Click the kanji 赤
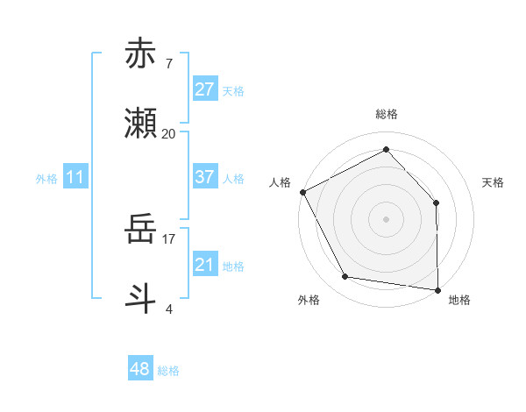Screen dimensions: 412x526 pyautogui.click(x=140, y=54)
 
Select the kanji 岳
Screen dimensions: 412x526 pyautogui.click(x=140, y=230)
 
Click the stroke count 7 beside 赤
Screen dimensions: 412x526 pyautogui.click(x=168, y=64)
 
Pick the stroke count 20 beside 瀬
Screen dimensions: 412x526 pyautogui.click(x=168, y=134)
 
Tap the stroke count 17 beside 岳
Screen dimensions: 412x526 pyautogui.click(x=168, y=238)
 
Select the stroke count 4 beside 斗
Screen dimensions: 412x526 pyautogui.click(x=168, y=308)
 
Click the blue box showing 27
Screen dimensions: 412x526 pyautogui.click(x=204, y=89)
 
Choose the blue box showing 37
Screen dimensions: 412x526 pyautogui.click(x=204, y=177)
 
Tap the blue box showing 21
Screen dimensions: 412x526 pyautogui.click(x=204, y=265)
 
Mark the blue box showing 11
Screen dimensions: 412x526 pyautogui.click(x=75, y=177)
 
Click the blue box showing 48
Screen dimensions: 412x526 pyautogui.click(x=139, y=369)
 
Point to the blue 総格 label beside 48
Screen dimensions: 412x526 pyautogui.click(x=168, y=371)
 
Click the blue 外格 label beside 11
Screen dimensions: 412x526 pyautogui.click(x=46, y=179)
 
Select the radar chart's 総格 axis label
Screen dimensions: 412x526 pyautogui.click(x=386, y=114)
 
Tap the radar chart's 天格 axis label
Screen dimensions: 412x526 pyautogui.click(x=494, y=182)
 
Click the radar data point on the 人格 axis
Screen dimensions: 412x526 pyautogui.click(x=302, y=191)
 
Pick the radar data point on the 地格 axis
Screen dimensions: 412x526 pyautogui.click(x=437, y=289)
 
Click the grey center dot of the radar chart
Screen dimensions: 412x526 pyautogui.click(x=386, y=218)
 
